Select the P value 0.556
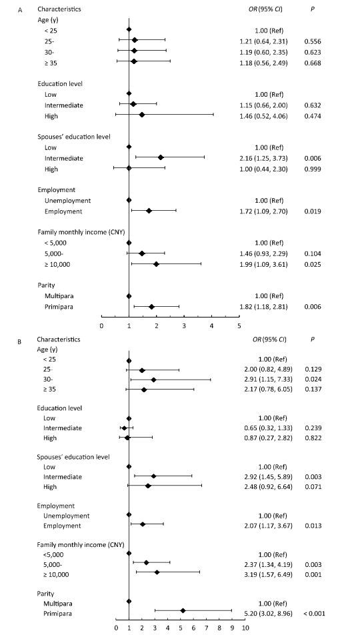click(x=313, y=41)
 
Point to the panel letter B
click(x=19, y=342)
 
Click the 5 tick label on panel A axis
click(x=239, y=325)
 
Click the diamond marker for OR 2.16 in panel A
click(x=161, y=157)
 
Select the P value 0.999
click(x=313, y=169)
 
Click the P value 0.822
click(x=313, y=438)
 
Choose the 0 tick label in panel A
click(x=101, y=325)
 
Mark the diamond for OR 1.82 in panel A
click(x=151, y=307)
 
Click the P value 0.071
click(x=313, y=487)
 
